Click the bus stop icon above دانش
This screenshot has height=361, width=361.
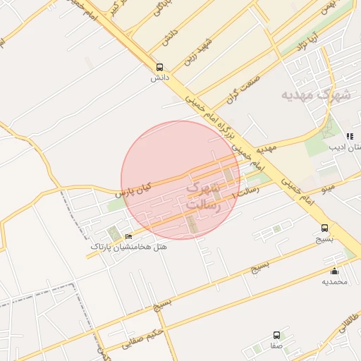click(x=159, y=67)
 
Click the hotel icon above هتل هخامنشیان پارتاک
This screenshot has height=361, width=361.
click(x=128, y=235)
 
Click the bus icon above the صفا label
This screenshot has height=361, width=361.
click(x=276, y=336)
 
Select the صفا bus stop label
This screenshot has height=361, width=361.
click(x=276, y=346)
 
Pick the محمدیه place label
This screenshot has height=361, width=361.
click(x=335, y=282)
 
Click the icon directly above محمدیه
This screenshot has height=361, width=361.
click(x=334, y=271)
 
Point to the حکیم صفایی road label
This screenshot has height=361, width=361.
click(x=144, y=338)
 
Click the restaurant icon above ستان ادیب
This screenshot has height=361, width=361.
click(x=348, y=136)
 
